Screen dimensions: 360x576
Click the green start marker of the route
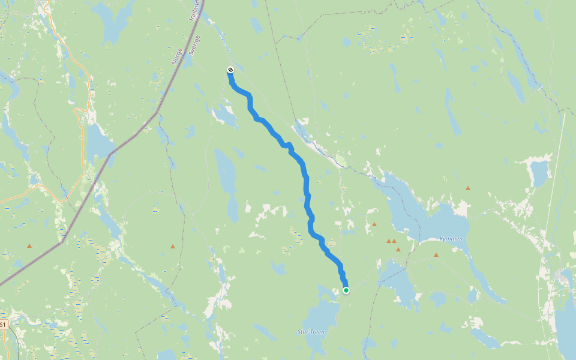346,290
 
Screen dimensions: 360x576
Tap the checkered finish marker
230,70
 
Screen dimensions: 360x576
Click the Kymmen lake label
451,239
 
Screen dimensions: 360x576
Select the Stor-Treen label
311,331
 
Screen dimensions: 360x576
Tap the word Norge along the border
176,56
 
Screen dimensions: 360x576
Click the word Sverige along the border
193,44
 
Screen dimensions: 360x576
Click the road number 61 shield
3,325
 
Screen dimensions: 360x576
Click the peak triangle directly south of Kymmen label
436,255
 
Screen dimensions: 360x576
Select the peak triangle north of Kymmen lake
468,188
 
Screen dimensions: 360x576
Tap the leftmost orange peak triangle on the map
29,246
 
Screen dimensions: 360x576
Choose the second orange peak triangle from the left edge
173,246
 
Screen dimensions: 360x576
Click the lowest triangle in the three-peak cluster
398,249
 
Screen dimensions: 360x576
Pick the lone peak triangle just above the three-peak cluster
374,224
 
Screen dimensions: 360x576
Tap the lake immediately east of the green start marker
399,282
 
